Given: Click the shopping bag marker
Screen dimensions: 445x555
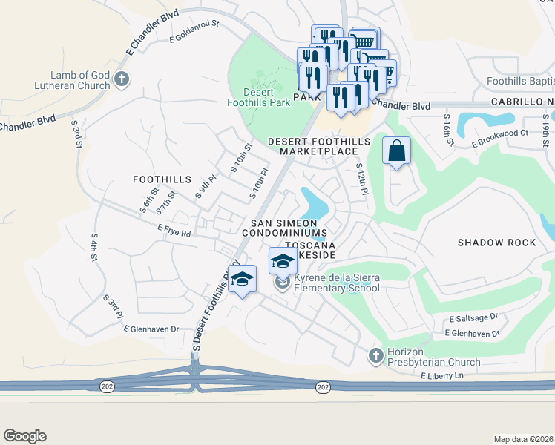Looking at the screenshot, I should coord(397,151).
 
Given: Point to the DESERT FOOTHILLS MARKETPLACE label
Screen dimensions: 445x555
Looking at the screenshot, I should coord(313,146).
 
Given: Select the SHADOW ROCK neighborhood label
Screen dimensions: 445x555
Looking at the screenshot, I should coord(496,243).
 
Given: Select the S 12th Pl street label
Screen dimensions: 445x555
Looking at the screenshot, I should coord(361,180).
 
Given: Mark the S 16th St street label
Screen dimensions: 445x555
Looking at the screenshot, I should coord(447,129).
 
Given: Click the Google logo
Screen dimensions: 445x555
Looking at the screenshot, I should coord(24,436).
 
